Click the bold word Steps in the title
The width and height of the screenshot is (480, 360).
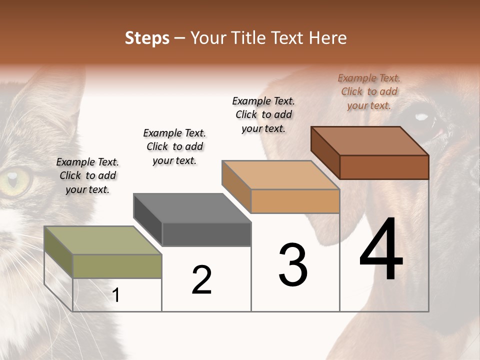pyautogui.click(x=147, y=38)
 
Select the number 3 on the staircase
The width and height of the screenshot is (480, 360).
pyautogui.click(x=293, y=265)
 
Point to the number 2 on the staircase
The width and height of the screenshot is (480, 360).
pyautogui.click(x=201, y=280)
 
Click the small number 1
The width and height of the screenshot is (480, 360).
pyautogui.click(x=116, y=295)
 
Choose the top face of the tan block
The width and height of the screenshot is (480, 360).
pyautogui.click(x=280, y=175)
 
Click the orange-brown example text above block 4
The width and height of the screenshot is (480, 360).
pyautogui.click(x=369, y=91)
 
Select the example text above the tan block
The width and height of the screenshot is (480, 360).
pyautogui.click(x=263, y=114)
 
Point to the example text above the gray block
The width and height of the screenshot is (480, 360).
pyautogui.click(x=174, y=146)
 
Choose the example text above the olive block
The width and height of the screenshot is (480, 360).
pyautogui.click(x=87, y=175)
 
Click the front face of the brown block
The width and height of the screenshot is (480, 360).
pyautogui.click(x=384, y=167)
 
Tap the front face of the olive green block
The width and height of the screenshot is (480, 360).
pyautogui.click(x=117, y=266)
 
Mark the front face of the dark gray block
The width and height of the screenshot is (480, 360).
pyautogui.click(x=206, y=234)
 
